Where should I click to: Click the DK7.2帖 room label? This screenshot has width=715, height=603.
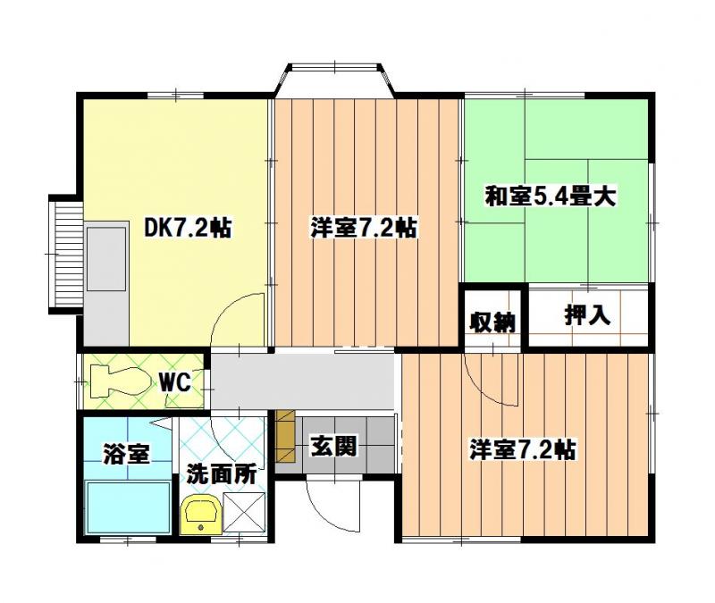(188, 228)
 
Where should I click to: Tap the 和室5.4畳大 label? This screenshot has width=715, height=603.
(551, 196)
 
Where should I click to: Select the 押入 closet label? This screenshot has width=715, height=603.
(587, 314)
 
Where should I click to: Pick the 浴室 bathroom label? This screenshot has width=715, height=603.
(125, 454)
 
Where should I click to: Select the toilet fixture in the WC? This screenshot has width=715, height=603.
(119, 382)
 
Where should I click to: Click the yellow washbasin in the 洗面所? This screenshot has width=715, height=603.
(199, 515)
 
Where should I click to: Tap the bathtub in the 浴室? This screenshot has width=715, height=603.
(127, 507)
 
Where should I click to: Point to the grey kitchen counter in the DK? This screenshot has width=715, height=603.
(107, 258)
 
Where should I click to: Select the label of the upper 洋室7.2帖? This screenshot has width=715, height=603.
(363, 228)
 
